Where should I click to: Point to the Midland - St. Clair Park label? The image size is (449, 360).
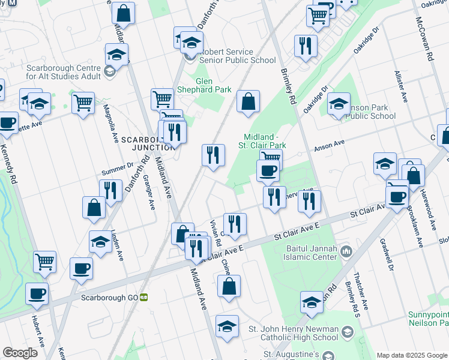(264, 141)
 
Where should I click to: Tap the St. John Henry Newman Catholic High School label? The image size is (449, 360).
(294, 333)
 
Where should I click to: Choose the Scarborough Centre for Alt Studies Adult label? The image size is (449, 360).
(64, 73)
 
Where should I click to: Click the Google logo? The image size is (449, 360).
(20, 353)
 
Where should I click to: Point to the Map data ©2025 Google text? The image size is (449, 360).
(411, 355)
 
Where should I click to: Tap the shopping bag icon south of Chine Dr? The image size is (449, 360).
(229, 287)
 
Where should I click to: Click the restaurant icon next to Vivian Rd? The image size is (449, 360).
(235, 225)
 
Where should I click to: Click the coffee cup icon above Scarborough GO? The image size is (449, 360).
(81, 269)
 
